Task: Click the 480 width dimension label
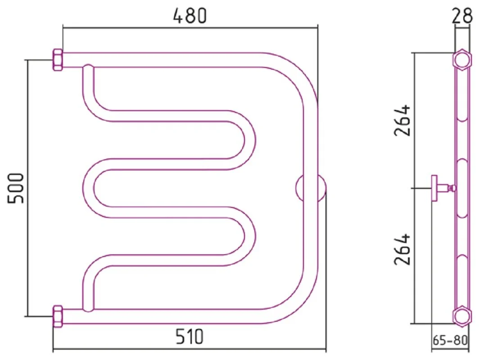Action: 190,16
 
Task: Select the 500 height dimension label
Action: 16,188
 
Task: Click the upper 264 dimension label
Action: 402,120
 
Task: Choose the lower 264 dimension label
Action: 402,249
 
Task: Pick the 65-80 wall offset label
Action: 450,340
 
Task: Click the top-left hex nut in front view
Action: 58,60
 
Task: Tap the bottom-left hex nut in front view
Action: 58,316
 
